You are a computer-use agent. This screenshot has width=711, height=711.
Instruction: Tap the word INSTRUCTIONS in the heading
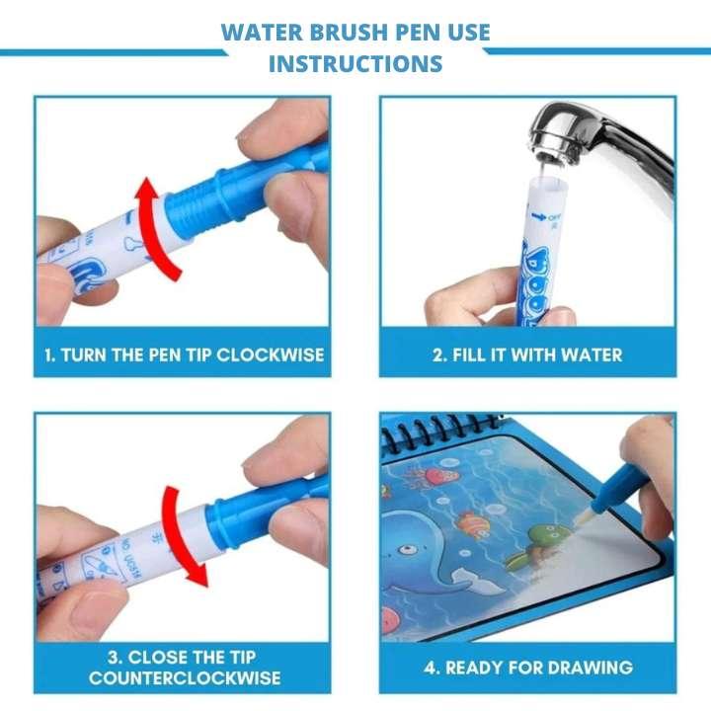(x=355, y=64)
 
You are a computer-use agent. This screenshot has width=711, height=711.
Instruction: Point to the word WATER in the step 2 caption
(x=586, y=355)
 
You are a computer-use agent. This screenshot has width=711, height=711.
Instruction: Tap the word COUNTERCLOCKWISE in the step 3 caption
(x=184, y=677)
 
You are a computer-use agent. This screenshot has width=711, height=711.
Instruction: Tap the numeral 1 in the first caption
(x=48, y=355)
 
